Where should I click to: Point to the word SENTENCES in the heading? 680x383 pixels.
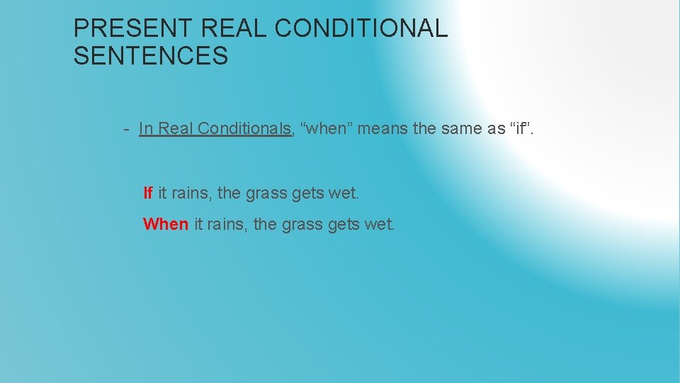(151, 55)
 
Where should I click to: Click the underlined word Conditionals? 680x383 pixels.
(244, 128)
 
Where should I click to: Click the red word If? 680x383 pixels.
(148, 193)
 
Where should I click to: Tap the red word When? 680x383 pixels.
(166, 224)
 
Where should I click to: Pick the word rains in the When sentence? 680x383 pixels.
(225, 224)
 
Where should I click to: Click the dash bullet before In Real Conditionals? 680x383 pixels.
(125, 129)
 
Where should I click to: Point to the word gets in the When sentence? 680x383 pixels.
(344, 224)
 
